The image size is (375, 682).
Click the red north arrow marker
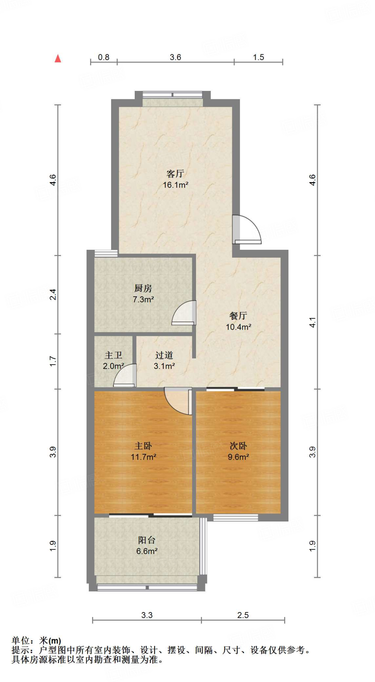58,59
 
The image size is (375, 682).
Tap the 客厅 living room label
175,173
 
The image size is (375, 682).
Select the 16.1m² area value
175,185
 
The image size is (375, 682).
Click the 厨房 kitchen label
143,288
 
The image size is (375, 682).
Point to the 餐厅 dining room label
238,316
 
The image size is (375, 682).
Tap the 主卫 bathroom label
113,355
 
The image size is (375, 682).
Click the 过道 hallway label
164,355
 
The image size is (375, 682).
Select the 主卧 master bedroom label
143,446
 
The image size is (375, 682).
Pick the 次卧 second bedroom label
238,446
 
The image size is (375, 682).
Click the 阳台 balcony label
146,540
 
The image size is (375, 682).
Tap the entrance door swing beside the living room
247,229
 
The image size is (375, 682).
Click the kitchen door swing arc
184,313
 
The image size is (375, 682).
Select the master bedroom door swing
178,401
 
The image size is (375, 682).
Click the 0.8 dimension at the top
103,57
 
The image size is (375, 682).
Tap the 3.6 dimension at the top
175,57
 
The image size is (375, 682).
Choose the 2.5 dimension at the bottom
243,615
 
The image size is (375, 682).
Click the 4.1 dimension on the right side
312,322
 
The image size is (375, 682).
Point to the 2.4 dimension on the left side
53,294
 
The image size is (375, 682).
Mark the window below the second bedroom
236,517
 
